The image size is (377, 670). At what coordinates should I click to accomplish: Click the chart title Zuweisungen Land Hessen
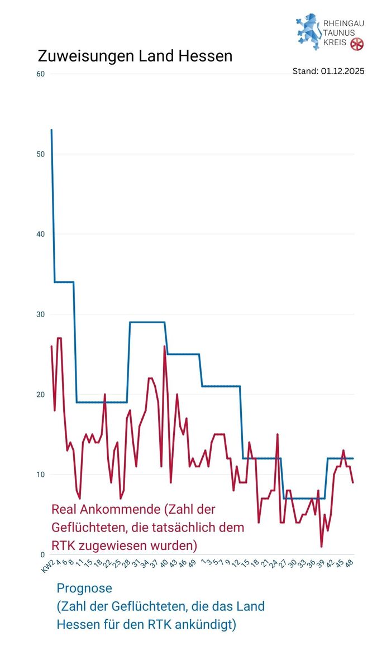(x=135, y=56)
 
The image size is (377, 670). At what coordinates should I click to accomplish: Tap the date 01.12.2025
(x=342, y=71)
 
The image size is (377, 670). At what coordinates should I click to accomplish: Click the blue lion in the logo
(x=308, y=32)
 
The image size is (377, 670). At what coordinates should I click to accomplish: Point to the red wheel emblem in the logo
(x=357, y=44)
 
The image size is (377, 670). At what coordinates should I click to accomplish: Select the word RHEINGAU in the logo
(x=344, y=24)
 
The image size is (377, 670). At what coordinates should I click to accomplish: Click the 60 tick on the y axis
(x=40, y=74)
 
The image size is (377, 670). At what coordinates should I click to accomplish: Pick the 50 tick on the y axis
(x=40, y=154)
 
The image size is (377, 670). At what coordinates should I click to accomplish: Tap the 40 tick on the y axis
(x=40, y=234)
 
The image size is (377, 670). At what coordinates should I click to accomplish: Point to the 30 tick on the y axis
(x=40, y=314)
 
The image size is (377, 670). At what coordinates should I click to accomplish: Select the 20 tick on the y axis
(x=40, y=394)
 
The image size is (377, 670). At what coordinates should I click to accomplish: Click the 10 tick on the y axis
(x=40, y=475)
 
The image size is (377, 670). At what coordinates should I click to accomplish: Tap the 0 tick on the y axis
(x=42, y=554)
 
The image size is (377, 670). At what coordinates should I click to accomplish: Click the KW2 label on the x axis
(x=47, y=566)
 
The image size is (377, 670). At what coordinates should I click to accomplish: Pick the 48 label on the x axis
(x=350, y=565)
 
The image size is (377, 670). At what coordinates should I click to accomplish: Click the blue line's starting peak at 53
(x=51, y=130)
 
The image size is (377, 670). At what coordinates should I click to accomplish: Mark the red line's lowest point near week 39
(x=322, y=546)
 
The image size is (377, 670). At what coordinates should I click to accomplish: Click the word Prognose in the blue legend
(x=84, y=588)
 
